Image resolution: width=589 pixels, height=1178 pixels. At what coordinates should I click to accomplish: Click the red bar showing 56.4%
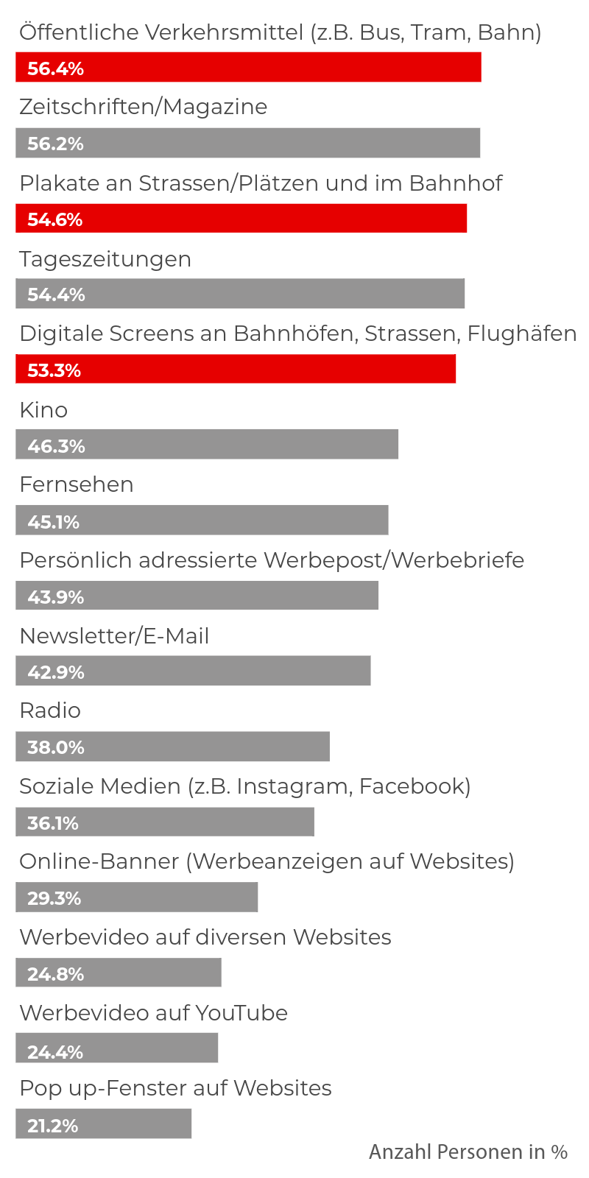(248, 67)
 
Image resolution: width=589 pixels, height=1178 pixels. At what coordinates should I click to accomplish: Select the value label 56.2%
(55, 144)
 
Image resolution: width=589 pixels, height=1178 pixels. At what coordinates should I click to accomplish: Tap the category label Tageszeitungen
(105, 259)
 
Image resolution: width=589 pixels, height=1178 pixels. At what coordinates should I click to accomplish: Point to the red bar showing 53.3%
(236, 369)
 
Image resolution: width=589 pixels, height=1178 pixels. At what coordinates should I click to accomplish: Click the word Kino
(43, 410)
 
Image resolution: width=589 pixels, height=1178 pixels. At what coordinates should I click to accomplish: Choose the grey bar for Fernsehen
(202, 520)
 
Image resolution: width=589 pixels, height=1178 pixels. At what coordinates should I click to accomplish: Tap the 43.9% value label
(55, 596)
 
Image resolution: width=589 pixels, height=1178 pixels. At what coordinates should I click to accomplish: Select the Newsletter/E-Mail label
(114, 636)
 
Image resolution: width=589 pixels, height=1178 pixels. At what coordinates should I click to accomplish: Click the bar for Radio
(172, 747)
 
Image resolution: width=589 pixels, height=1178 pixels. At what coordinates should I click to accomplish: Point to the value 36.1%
(52, 822)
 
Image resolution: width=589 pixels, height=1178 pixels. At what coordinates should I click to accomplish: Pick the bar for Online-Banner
(137, 897)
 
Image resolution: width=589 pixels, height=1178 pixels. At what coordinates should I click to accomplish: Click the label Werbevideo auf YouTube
(153, 1013)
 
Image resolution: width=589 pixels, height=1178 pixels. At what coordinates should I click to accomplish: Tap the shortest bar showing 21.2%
(103, 1124)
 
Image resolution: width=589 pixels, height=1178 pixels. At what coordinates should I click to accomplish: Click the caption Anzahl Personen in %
(468, 1151)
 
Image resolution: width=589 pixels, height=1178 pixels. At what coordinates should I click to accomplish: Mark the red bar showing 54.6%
(241, 219)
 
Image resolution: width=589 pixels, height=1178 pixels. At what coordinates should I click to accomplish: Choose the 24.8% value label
(55, 974)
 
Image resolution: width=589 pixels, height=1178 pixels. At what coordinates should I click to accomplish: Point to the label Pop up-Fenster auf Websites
(175, 1088)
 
